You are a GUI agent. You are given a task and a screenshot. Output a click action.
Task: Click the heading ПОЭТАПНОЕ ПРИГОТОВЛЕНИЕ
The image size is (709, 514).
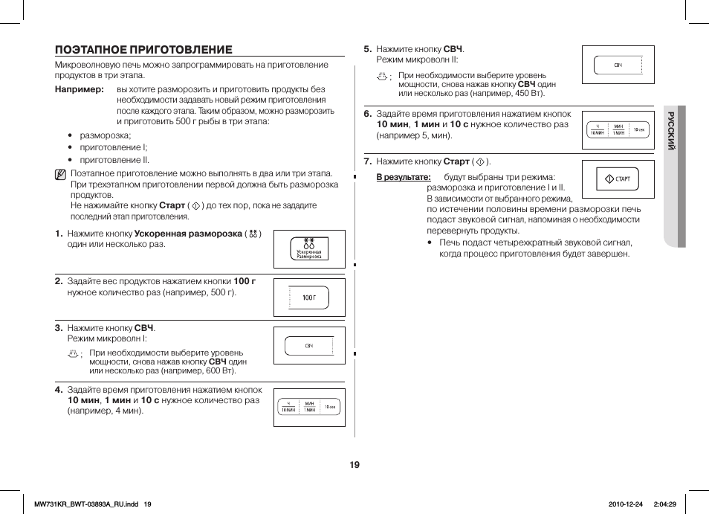tap(143, 50)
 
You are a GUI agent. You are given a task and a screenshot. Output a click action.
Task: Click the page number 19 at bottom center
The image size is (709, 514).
tap(354, 465)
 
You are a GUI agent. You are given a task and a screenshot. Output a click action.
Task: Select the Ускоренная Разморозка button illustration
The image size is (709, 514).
tap(309, 249)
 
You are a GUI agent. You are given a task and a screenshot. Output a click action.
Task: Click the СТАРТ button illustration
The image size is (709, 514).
tap(618, 179)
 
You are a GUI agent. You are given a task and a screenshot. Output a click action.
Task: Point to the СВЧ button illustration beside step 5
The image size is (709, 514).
tap(618, 66)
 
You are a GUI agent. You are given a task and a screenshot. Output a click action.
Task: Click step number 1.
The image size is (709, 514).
tap(58, 234)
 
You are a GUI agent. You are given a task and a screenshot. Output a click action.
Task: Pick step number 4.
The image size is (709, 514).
tap(58, 390)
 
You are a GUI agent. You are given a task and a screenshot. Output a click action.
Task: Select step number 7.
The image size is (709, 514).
tap(367, 161)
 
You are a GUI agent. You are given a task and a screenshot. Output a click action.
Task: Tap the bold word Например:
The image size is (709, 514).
tap(80, 89)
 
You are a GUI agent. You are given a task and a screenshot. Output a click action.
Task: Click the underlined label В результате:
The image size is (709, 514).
tap(404, 178)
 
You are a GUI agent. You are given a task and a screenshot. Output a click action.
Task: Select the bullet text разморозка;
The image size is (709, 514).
tap(105, 135)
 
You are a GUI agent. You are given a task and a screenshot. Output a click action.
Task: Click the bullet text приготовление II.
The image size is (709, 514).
tap(114, 159)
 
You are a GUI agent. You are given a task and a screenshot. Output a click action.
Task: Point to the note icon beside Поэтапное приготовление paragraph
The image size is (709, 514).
tap(60, 176)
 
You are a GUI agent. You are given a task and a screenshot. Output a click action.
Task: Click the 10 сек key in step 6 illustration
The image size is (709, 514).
tap(639, 129)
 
